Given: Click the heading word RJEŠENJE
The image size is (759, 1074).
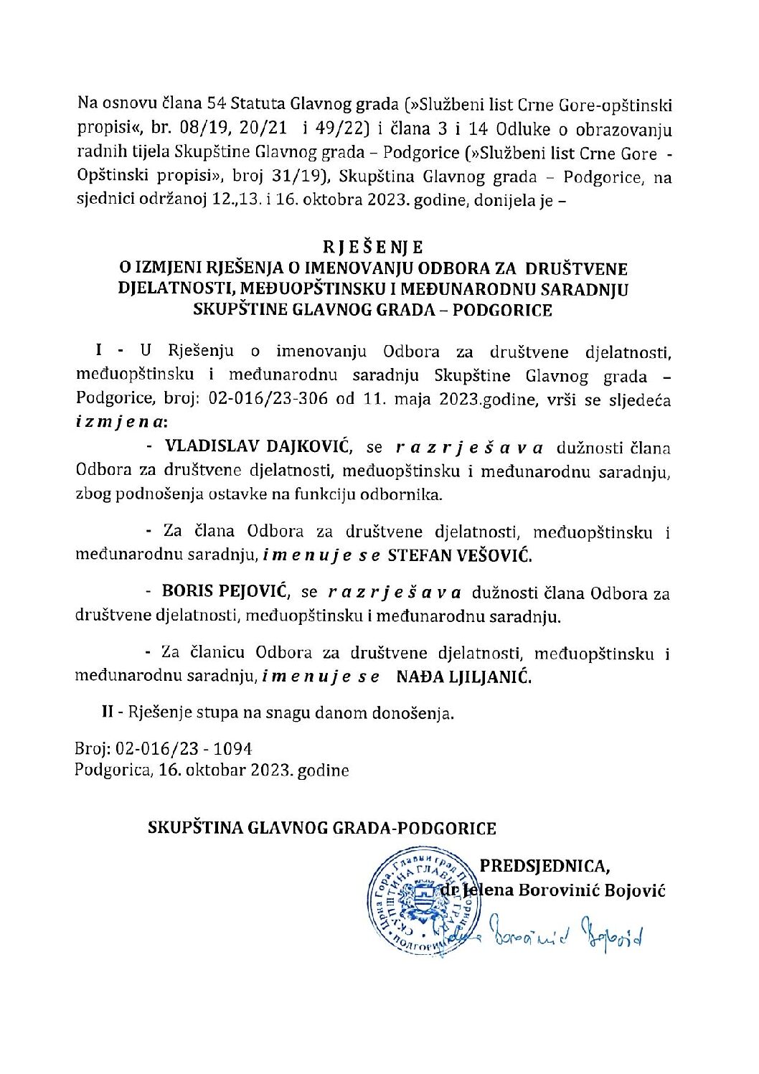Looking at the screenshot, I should click(373, 248).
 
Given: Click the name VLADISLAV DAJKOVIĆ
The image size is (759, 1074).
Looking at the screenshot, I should click(258, 447).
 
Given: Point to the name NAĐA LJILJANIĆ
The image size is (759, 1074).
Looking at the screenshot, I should click(464, 676).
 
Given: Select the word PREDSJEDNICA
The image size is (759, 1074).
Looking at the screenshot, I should click(544, 866).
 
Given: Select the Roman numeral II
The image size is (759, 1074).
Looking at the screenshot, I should click(108, 713).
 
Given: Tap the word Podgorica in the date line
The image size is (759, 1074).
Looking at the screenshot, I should click(110, 771).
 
